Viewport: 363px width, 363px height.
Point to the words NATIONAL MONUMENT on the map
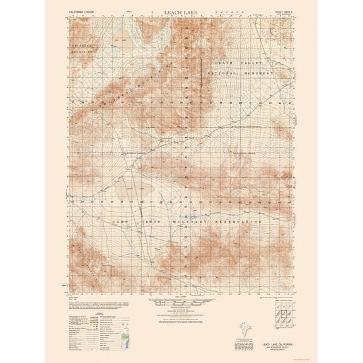[242, 73]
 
